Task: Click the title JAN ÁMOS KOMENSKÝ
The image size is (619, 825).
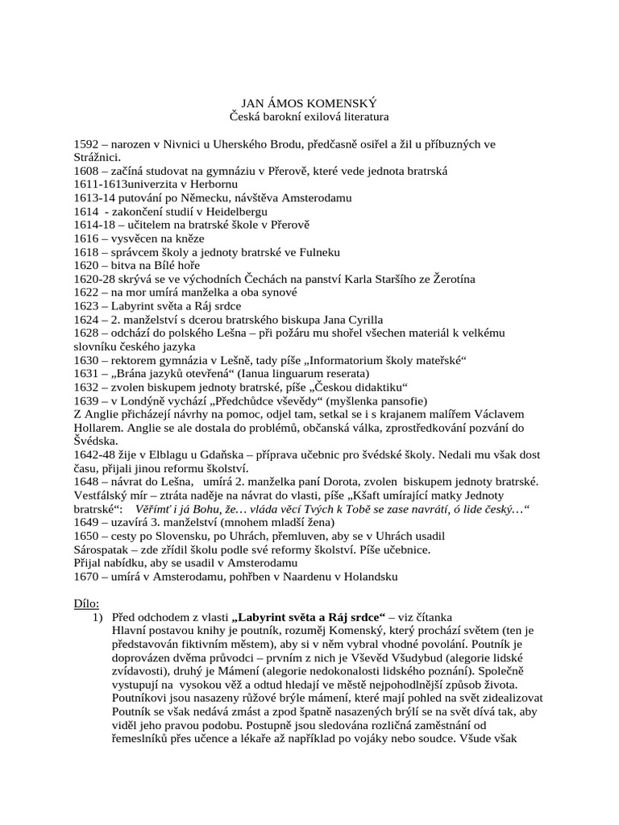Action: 309,104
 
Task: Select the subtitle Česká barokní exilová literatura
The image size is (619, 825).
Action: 309,118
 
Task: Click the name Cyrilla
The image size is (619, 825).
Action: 358,319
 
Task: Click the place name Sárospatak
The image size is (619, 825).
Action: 103,549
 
